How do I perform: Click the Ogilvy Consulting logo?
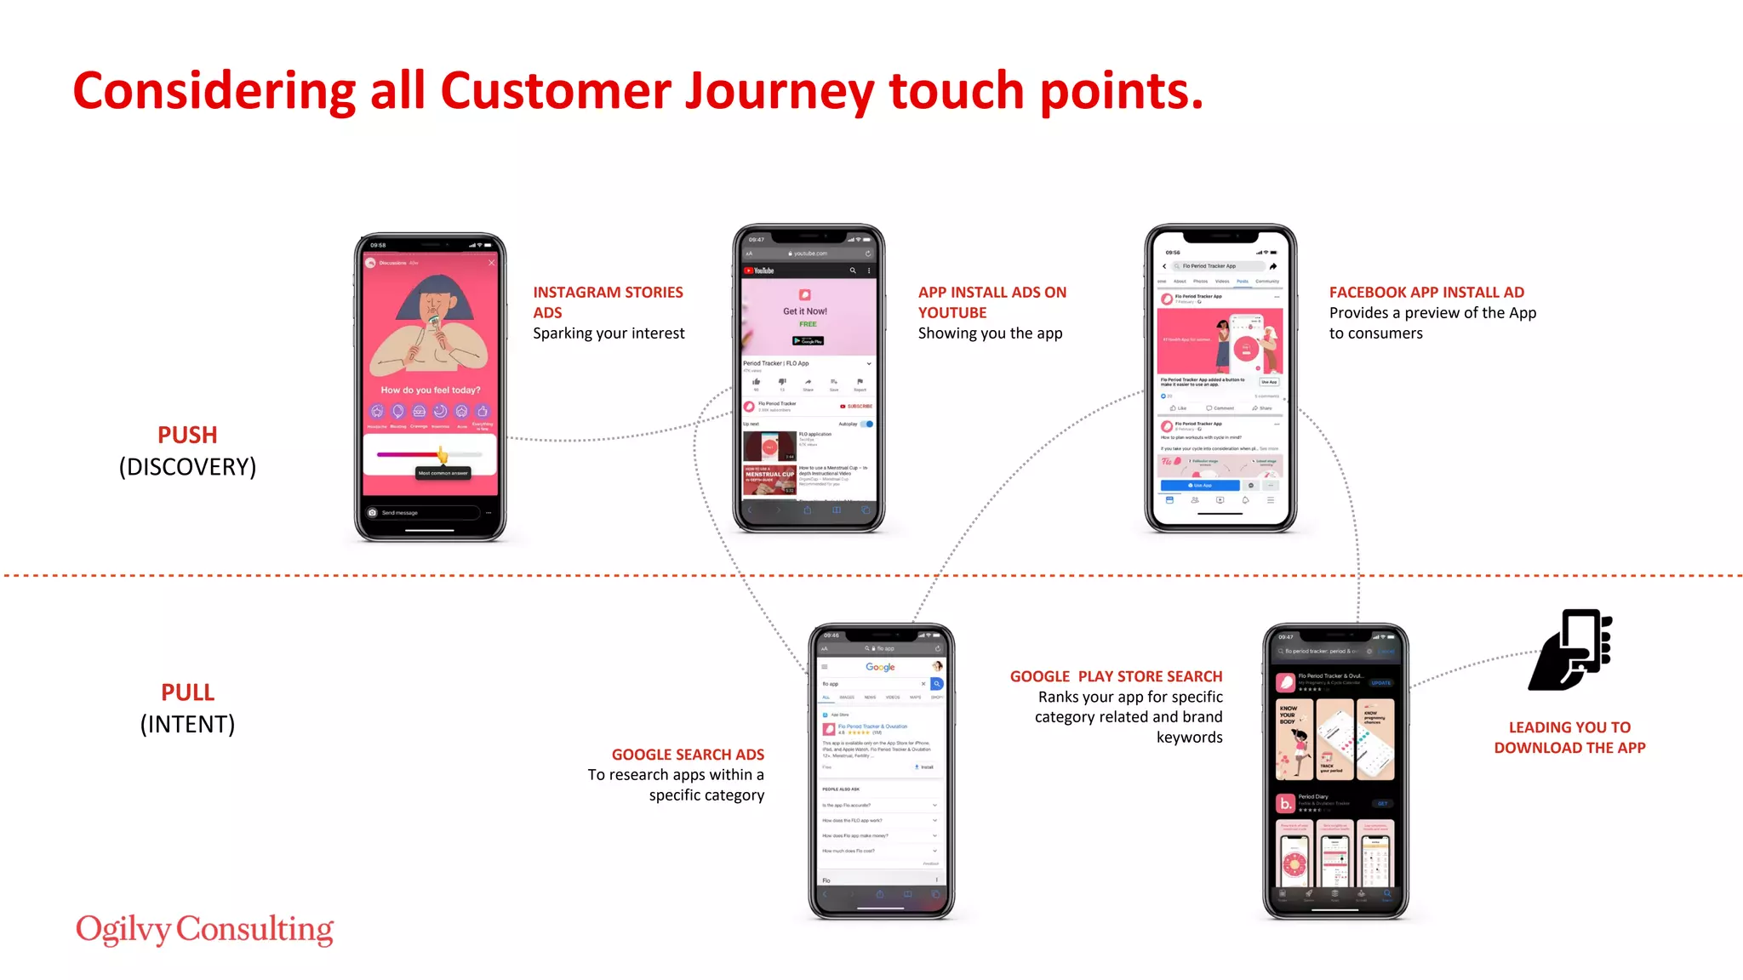pyautogui.click(x=204, y=929)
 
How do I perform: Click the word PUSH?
pyautogui.click(x=187, y=435)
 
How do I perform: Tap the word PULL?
pyautogui.click(x=187, y=692)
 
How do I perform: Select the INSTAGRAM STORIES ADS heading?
pyautogui.click(x=608, y=302)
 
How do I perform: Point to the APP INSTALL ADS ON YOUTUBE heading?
pyautogui.click(x=992, y=302)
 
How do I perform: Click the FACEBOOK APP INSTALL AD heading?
pyautogui.click(x=1426, y=292)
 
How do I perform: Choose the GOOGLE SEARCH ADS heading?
pyautogui.click(x=688, y=755)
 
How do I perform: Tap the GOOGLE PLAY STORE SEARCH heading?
pyautogui.click(x=1116, y=676)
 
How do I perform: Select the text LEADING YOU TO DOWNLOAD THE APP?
pyautogui.click(x=1569, y=738)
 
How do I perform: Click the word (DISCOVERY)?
pyautogui.click(x=187, y=467)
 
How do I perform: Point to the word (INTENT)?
pyautogui.click(x=187, y=725)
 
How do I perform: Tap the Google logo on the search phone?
pyautogui.click(x=880, y=667)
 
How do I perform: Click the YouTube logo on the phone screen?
pyautogui.click(x=759, y=271)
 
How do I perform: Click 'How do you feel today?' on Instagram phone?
pyautogui.click(x=430, y=390)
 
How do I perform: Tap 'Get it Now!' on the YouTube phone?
pyautogui.click(x=805, y=311)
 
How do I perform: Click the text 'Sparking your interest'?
pyautogui.click(x=609, y=333)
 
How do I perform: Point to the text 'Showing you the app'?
pyautogui.click(x=990, y=333)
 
